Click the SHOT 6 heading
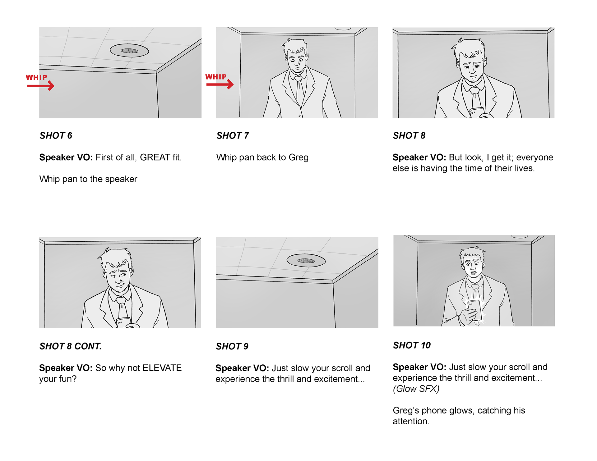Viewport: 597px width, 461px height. (x=56, y=135)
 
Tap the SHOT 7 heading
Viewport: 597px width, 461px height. (x=233, y=135)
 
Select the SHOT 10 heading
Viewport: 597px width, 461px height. (x=412, y=345)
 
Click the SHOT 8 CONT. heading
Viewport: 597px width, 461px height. (x=71, y=346)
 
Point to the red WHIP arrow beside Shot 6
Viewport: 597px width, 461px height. (x=41, y=86)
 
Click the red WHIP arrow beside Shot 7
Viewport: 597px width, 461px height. (x=220, y=84)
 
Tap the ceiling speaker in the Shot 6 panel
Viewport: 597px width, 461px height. (x=129, y=51)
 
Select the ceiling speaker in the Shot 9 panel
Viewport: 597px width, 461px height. (x=306, y=261)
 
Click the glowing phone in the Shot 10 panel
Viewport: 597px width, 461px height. (x=475, y=310)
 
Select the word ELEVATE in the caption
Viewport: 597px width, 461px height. (x=162, y=368)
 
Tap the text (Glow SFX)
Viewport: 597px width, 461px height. (x=416, y=389)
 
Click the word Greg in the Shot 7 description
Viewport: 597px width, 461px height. (x=298, y=158)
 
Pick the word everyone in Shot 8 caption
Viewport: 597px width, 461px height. (x=535, y=157)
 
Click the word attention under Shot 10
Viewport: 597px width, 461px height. (x=411, y=422)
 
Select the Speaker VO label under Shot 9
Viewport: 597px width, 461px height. (x=242, y=368)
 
